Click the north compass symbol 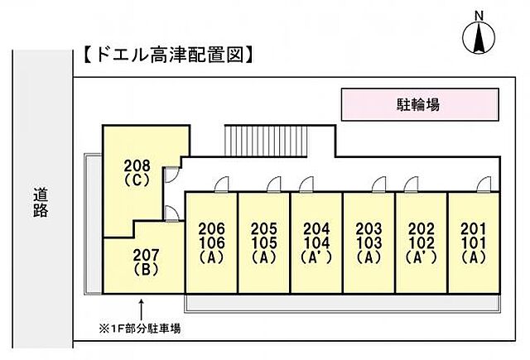pyautogui.click(x=479, y=36)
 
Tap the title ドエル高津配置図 pyautogui.click(x=167, y=55)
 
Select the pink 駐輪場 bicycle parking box pyautogui.click(x=420, y=104)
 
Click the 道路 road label pyautogui.click(x=41, y=203)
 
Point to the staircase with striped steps pyautogui.click(x=266, y=141)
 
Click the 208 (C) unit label pyautogui.click(x=137, y=173)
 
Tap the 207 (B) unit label pyautogui.click(x=146, y=262)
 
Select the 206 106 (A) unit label pyautogui.click(x=212, y=242)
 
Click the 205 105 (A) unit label pyautogui.click(x=264, y=242)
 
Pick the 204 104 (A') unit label pyautogui.click(x=316, y=242)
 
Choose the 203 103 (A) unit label pyautogui.click(x=369, y=242)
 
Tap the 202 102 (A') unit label pyautogui.click(x=422, y=242)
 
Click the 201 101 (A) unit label pyautogui.click(x=474, y=242)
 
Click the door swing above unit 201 pyautogui.click(x=484, y=185)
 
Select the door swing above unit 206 pyautogui.click(x=222, y=185)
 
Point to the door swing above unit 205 pyautogui.click(x=274, y=185)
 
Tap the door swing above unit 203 pyautogui.click(x=379, y=185)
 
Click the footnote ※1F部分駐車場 pyautogui.click(x=140, y=329)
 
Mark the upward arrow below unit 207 pyautogui.click(x=142, y=309)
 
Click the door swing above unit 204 pyautogui.click(x=306, y=185)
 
